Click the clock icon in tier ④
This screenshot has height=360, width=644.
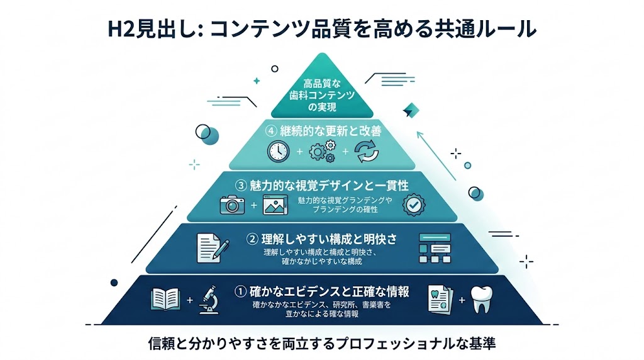coord(277,152)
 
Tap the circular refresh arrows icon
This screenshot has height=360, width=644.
coord(366,152)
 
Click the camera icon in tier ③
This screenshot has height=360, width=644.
coord(232,205)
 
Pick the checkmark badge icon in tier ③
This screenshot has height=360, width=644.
coord(413,205)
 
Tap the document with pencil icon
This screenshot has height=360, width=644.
coord(209,247)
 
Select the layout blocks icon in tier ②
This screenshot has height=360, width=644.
coord(435,248)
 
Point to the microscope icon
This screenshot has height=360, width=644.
coord(209,300)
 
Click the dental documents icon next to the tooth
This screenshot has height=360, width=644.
coord(441,300)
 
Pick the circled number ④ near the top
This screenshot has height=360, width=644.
coord(271,132)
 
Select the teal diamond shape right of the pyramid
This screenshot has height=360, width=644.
coord(411,110)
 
